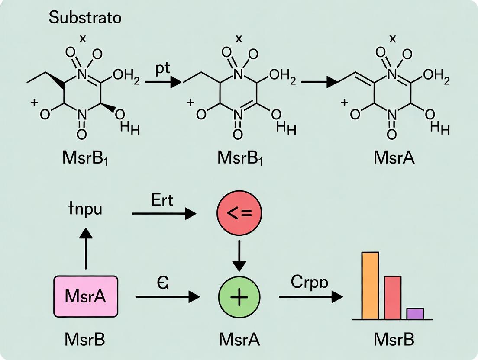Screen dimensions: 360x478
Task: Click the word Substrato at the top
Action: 84,18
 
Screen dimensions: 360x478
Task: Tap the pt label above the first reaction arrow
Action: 163,70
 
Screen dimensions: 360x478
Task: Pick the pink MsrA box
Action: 86,296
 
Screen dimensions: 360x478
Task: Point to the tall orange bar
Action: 370,286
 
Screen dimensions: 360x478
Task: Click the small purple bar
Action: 415,313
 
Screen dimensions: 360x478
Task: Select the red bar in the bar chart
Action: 393,297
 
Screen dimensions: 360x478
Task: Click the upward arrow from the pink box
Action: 86,249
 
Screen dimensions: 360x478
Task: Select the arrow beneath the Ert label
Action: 164,213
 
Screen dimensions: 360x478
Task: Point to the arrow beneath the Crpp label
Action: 310,297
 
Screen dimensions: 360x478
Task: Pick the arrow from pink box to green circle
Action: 167,297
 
